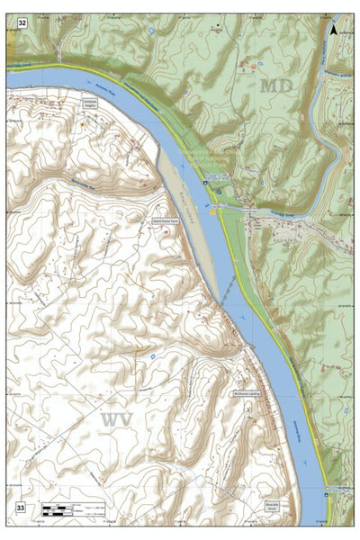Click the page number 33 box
click(20, 508)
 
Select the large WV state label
click(118, 420)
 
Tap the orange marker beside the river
click(213, 213)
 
